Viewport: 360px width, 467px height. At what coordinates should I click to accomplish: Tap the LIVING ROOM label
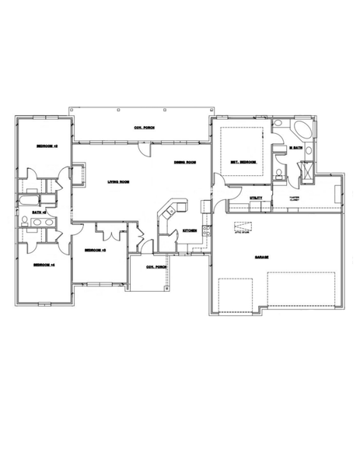(117, 182)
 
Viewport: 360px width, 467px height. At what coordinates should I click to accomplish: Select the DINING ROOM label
(184, 162)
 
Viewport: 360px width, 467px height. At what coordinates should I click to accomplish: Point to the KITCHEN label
(189, 231)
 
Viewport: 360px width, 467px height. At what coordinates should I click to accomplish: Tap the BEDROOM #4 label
(42, 266)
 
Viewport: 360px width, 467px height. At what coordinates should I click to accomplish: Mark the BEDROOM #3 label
(95, 250)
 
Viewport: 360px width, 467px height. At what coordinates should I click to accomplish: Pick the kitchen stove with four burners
(207, 230)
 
